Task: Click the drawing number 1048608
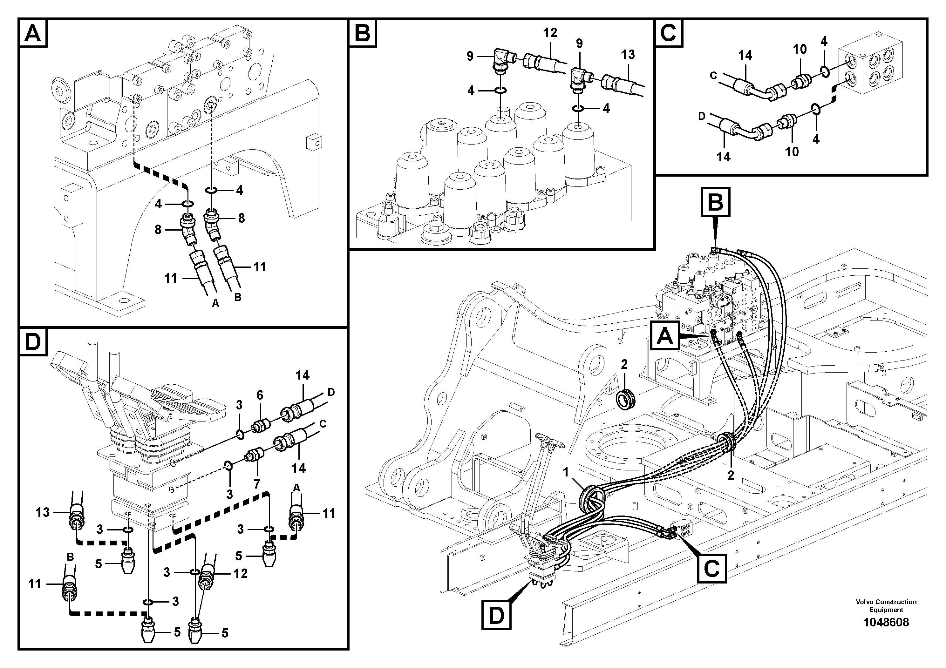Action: [x=886, y=622]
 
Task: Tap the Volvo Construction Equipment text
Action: [x=886, y=605]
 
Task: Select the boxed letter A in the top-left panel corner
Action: [x=33, y=33]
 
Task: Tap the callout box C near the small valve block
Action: [x=711, y=568]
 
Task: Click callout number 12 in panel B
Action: [x=550, y=33]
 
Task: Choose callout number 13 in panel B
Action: [x=628, y=55]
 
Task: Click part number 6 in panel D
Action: [x=260, y=395]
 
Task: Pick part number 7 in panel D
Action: [x=257, y=484]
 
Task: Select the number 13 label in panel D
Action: [x=43, y=512]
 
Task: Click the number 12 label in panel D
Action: [x=241, y=574]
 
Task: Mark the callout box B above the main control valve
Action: [x=715, y=202]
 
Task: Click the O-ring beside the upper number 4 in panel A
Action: [x=211, y=190]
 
